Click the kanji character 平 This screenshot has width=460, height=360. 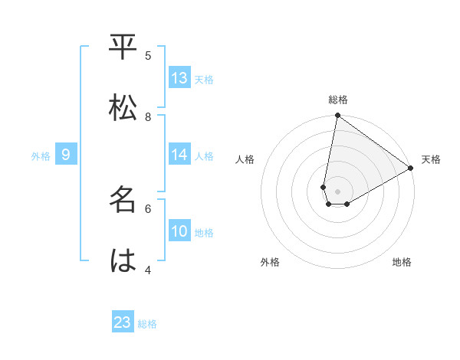point(123,47)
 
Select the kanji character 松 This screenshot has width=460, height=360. point(123,108)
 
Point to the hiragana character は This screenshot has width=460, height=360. point(123,261)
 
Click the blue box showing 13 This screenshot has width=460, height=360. point(179,78)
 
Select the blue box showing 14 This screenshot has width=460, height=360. point(179,155)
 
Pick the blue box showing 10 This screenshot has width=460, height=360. point(179,231)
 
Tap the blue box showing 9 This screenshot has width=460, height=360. point(66,155)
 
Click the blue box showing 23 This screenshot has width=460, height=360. point(123,322)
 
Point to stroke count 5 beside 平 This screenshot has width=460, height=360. point(148,55)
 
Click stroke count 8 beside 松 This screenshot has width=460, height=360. point(148,116)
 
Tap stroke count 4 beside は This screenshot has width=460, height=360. point(148,270)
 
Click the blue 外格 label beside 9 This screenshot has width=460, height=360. point(41,156)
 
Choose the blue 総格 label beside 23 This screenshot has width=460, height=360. point(147,324)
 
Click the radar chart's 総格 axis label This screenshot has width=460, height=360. point(338,100)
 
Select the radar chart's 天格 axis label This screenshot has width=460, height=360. point(431,159)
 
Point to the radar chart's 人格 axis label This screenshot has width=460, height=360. point(245,159)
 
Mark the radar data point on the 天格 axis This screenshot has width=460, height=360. point(411,169)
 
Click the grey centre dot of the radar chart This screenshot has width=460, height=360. point(338,191)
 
